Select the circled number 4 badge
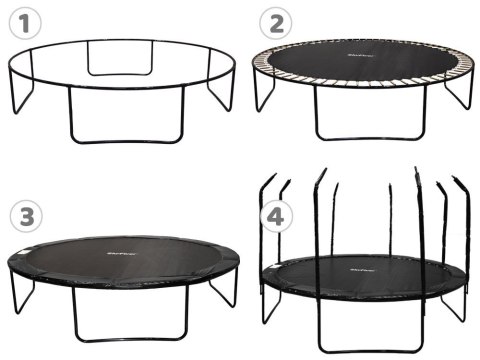(274, 215)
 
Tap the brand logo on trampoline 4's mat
(363, 268)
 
